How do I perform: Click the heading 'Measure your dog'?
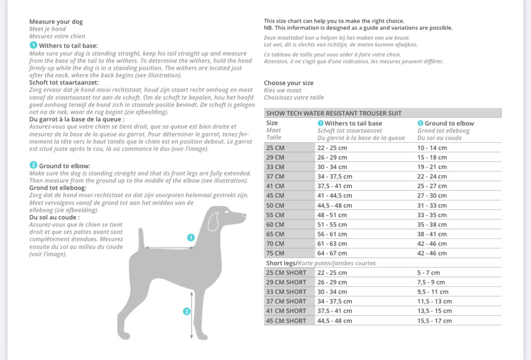coord(56,22)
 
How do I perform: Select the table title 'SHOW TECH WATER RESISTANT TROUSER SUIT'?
coord(334,113)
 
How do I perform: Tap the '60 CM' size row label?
coord(275,224)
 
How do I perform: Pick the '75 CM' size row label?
coord(275,253)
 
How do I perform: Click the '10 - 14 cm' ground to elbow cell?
coord(432,148)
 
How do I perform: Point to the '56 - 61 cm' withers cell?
coord(332,234)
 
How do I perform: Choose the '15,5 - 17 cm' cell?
coord(434,321)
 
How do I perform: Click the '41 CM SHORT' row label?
coord(286,311)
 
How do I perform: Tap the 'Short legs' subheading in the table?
coord(281,263)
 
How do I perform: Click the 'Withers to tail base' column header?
coord(353,123)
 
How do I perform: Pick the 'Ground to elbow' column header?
coord(449,123)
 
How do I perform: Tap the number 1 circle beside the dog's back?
coord(191,237)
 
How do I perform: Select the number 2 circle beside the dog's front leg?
coord(186,311)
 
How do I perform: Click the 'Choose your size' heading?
coord(288,83)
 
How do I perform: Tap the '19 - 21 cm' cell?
coord(432,167)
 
